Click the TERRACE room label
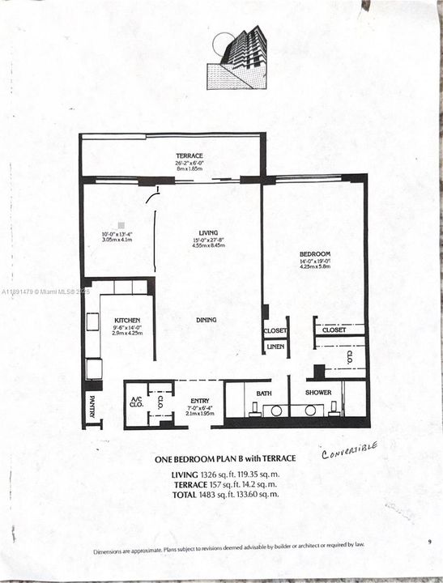190,155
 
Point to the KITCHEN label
127,320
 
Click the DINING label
206,320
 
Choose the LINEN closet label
275,347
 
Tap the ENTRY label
199,401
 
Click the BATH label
264,394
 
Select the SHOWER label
317,394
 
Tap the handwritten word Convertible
348,450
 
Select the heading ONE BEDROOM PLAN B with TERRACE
224,459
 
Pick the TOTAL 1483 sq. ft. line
224,494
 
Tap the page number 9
428,541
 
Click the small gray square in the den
121,223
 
